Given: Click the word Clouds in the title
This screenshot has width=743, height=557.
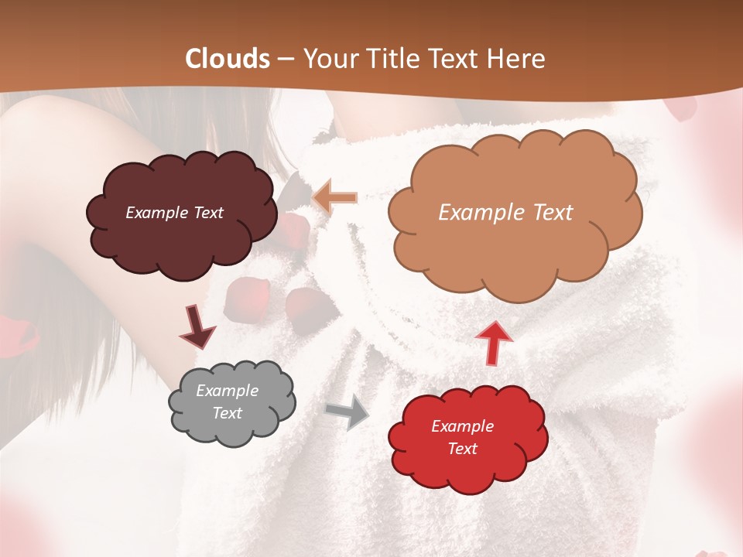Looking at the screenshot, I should pos(228,59).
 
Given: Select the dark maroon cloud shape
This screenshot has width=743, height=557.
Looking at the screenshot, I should pos(182,240).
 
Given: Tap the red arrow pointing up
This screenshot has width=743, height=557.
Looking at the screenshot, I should pos(493,341).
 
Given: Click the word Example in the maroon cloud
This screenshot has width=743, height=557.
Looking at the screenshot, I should pos(157,213).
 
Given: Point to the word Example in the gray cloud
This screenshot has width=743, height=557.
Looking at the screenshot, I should pos(228,391).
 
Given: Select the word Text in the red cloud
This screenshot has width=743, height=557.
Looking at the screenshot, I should pos(462,449).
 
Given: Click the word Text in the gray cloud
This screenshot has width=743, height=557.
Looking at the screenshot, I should pos(228,413).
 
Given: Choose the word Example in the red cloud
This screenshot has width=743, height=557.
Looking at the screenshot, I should pos(462,426).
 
